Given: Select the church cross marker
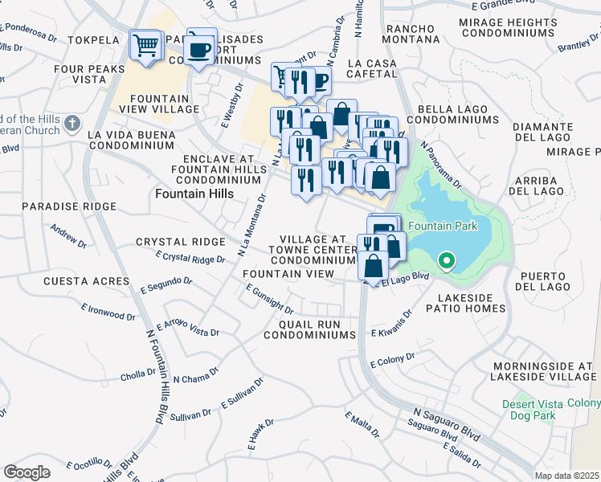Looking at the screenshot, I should [72, 124].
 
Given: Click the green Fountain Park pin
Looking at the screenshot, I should [446, 260].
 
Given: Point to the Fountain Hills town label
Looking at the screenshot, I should [194, 194].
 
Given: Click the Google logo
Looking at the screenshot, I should [27, 472].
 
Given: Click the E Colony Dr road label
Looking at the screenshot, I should [392, 360].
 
